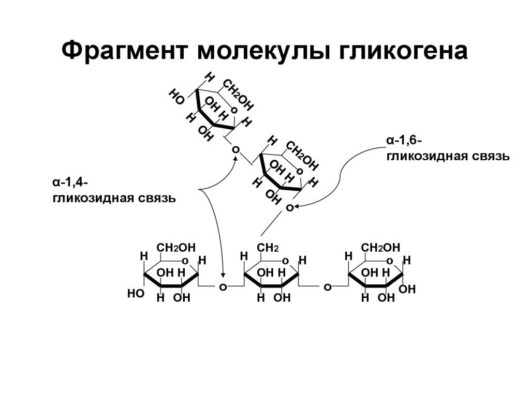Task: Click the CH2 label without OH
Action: (268, 248)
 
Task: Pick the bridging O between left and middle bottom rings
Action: (224, 286)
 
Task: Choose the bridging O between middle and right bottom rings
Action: (327, 286)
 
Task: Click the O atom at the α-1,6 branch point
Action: (289, 207)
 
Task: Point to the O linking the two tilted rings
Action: (236, 149)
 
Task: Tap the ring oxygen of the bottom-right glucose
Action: (389, 261)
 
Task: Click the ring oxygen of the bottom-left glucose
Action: (184, 261)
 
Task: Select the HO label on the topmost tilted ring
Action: (176, 97)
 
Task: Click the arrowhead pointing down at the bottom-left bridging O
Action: (224, 276)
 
